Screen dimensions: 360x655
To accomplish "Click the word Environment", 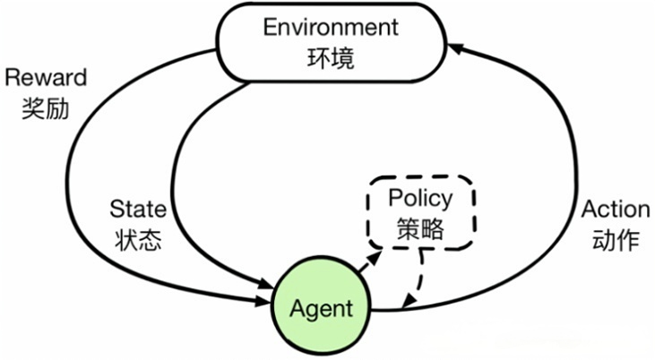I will click(x=329, y=27).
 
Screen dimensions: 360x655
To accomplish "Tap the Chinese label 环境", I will click(x=329, y=58).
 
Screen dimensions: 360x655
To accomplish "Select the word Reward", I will click(x=46, y=78).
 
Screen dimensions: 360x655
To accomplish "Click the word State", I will click(x=137, y=210).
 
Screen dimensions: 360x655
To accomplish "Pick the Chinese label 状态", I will click(x=138, y=241).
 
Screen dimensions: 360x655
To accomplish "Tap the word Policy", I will click(x=419, y=198).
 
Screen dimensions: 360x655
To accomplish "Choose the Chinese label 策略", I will click(x=419, y=229).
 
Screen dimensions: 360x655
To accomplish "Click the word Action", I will click(x=616, y=210).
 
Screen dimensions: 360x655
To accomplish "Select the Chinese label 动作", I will click(x=616, y=241).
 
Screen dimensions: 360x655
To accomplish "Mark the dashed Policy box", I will click(x=419, y=214).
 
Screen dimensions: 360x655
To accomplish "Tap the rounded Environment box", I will click(x=329, y=43).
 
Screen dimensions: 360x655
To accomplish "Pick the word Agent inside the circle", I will click(x=322, y=309).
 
